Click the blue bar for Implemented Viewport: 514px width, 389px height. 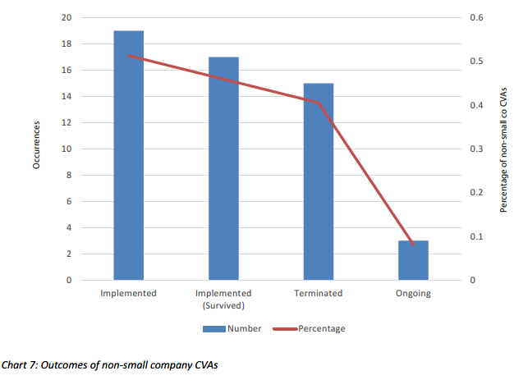[x=129, y=156]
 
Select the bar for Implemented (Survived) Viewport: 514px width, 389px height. [x=223, y=168]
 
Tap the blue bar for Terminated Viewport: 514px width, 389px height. [x=319, y=181]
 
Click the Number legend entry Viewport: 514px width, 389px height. [x=233, y=328]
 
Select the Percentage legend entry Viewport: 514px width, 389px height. [x=315, y=328]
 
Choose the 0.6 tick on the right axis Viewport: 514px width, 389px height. [x=475, y=18]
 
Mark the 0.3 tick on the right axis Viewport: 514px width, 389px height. [x=475, y=149]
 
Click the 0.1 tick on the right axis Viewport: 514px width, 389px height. [x=475, y=237]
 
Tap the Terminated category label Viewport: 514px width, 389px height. [x=319, y=293]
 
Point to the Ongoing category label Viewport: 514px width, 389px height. [x=413, y=293]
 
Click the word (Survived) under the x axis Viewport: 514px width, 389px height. [x=223, y=305]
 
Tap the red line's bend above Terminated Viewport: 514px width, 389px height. [x=319, y=103]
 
